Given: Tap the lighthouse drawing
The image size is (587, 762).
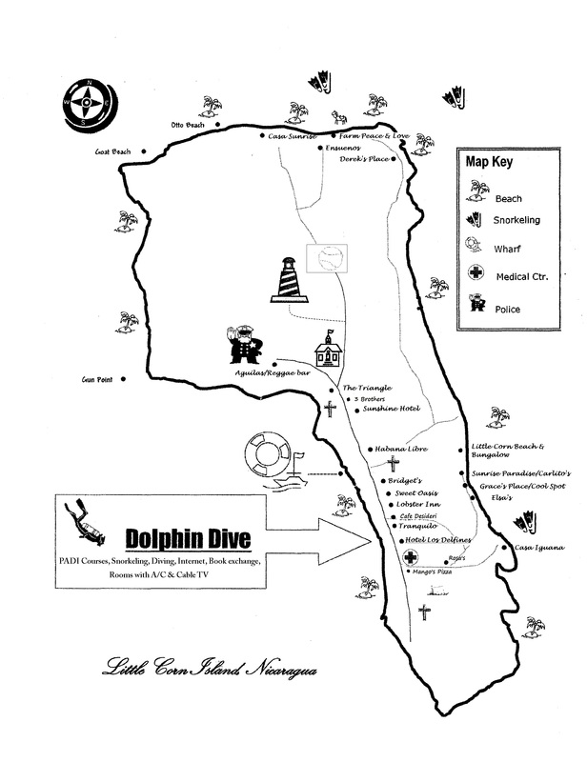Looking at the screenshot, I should (x=287, y=279).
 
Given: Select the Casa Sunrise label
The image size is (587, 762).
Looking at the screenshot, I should (x=292, y=136).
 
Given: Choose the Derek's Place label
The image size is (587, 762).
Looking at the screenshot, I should (x=366, y=160).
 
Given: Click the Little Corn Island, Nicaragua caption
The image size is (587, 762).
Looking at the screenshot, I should (x=209, y=680).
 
